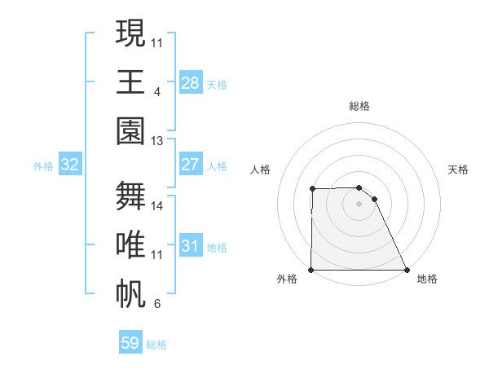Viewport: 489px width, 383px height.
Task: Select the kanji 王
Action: click(x=131, y=81)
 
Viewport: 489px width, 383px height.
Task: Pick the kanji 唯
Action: click(x=131, y=244)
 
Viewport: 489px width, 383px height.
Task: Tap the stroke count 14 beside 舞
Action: click(x=157, y=205)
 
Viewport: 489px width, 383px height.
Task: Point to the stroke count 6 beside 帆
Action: click(x=156, y=304)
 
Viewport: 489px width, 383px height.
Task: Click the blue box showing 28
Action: click(x=190, y=82)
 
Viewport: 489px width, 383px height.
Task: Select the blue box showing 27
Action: click(x=190, y=165)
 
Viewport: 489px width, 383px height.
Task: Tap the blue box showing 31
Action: click(x=190, y=245)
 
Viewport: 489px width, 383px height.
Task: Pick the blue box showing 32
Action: click(x=70, y=165)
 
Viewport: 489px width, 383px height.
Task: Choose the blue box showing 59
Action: click(x=130, y=343)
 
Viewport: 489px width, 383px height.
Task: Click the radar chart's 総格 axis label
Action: click(x=359, y=106)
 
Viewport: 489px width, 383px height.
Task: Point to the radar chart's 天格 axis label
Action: click(x=459, y=169)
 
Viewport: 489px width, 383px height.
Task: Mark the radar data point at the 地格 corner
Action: click(x=406, y=270)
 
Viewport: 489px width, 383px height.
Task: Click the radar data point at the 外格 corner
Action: click(x=311, y=270)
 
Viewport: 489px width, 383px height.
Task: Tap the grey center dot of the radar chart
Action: click(x=359, y=204)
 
